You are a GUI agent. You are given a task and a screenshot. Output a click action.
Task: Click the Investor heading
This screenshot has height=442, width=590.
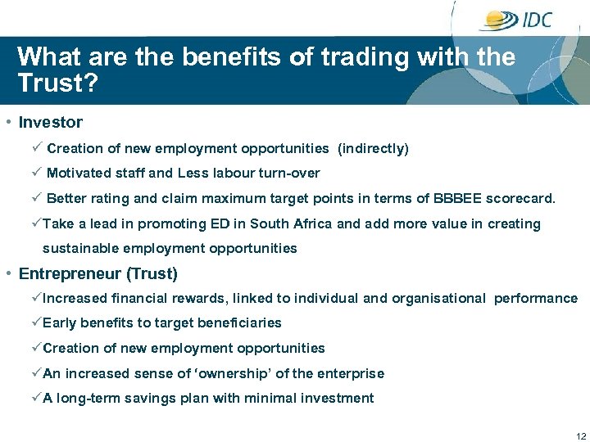click(51, 123)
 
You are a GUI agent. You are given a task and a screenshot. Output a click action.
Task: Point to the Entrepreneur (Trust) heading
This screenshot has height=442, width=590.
click(98, 273)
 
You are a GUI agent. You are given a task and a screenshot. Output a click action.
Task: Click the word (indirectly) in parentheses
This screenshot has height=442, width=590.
click(373, 149)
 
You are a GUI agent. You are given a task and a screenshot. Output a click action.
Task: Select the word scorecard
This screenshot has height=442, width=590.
click(520, 199)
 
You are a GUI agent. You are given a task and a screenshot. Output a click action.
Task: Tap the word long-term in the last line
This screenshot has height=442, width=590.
click(85, 399)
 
